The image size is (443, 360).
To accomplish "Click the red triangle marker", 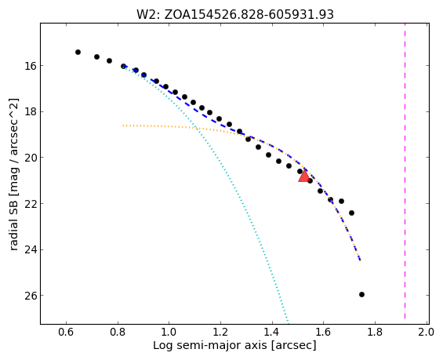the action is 304,176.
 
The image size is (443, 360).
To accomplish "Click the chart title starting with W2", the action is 235,14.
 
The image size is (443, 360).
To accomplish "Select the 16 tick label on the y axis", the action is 28,66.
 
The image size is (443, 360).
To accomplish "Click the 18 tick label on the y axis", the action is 28,111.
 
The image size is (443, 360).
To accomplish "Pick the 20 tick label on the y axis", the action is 28,158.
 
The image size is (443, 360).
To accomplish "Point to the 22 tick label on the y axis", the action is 28,203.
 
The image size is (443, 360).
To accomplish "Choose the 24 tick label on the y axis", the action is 28,249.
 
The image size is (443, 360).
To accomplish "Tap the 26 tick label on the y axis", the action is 28,296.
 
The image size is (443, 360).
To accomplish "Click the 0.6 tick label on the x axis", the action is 66,332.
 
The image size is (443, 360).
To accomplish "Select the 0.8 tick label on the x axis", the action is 118,332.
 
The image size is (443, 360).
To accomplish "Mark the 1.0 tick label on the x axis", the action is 169,332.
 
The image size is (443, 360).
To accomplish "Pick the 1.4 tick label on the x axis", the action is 272,332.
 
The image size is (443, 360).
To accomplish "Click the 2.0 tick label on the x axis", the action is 427,332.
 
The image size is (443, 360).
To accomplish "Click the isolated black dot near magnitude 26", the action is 361,294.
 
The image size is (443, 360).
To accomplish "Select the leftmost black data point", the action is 78,52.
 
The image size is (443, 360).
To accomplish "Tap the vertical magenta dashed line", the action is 405,173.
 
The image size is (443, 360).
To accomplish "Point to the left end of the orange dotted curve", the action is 123,125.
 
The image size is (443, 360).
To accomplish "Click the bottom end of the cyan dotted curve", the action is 289,323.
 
